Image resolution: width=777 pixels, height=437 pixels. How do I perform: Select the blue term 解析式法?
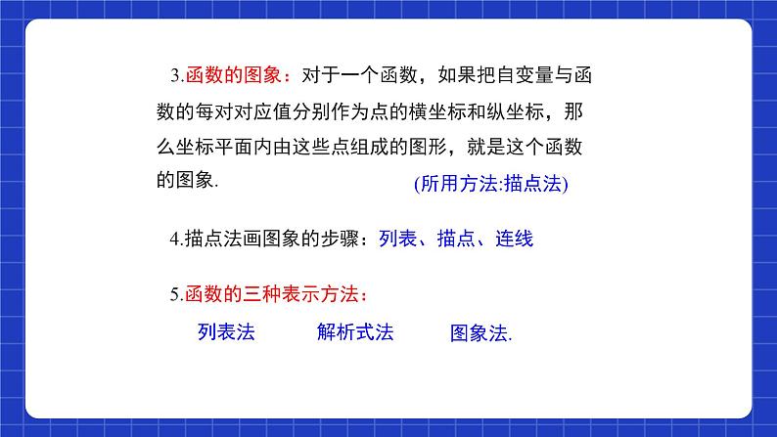pos(355,332)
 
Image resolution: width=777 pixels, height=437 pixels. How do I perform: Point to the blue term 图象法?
pos(480,333)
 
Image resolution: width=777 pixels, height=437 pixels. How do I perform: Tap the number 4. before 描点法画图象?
pos(175,239)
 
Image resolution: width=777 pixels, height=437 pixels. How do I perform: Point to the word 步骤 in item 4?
pos(333,239)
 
